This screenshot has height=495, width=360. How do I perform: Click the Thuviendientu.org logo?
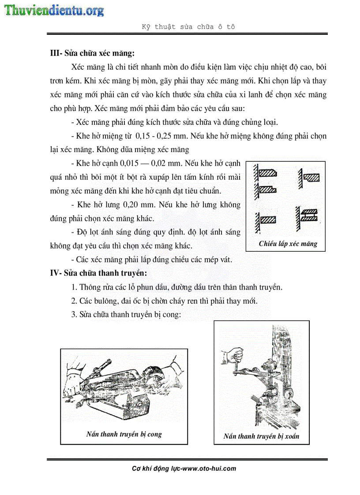click(54, 10)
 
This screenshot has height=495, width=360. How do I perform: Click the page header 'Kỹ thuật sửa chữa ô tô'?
click(188, 26)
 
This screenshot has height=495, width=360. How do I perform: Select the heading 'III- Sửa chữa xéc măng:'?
click(92, 54)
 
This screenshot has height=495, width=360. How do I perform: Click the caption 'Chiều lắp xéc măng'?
click(288, 244)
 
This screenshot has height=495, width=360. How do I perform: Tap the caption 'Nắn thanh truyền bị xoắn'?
click(261, 436)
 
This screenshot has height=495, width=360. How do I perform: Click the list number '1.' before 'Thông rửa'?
click(74, 287)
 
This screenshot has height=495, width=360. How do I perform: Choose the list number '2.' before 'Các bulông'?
click(74, 301)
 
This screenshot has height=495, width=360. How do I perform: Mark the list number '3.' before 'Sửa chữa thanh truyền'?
click(74, 315)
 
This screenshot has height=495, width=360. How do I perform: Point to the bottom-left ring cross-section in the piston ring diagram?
click(267, 219)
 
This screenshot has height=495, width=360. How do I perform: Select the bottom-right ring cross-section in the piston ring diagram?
click(310, 215)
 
